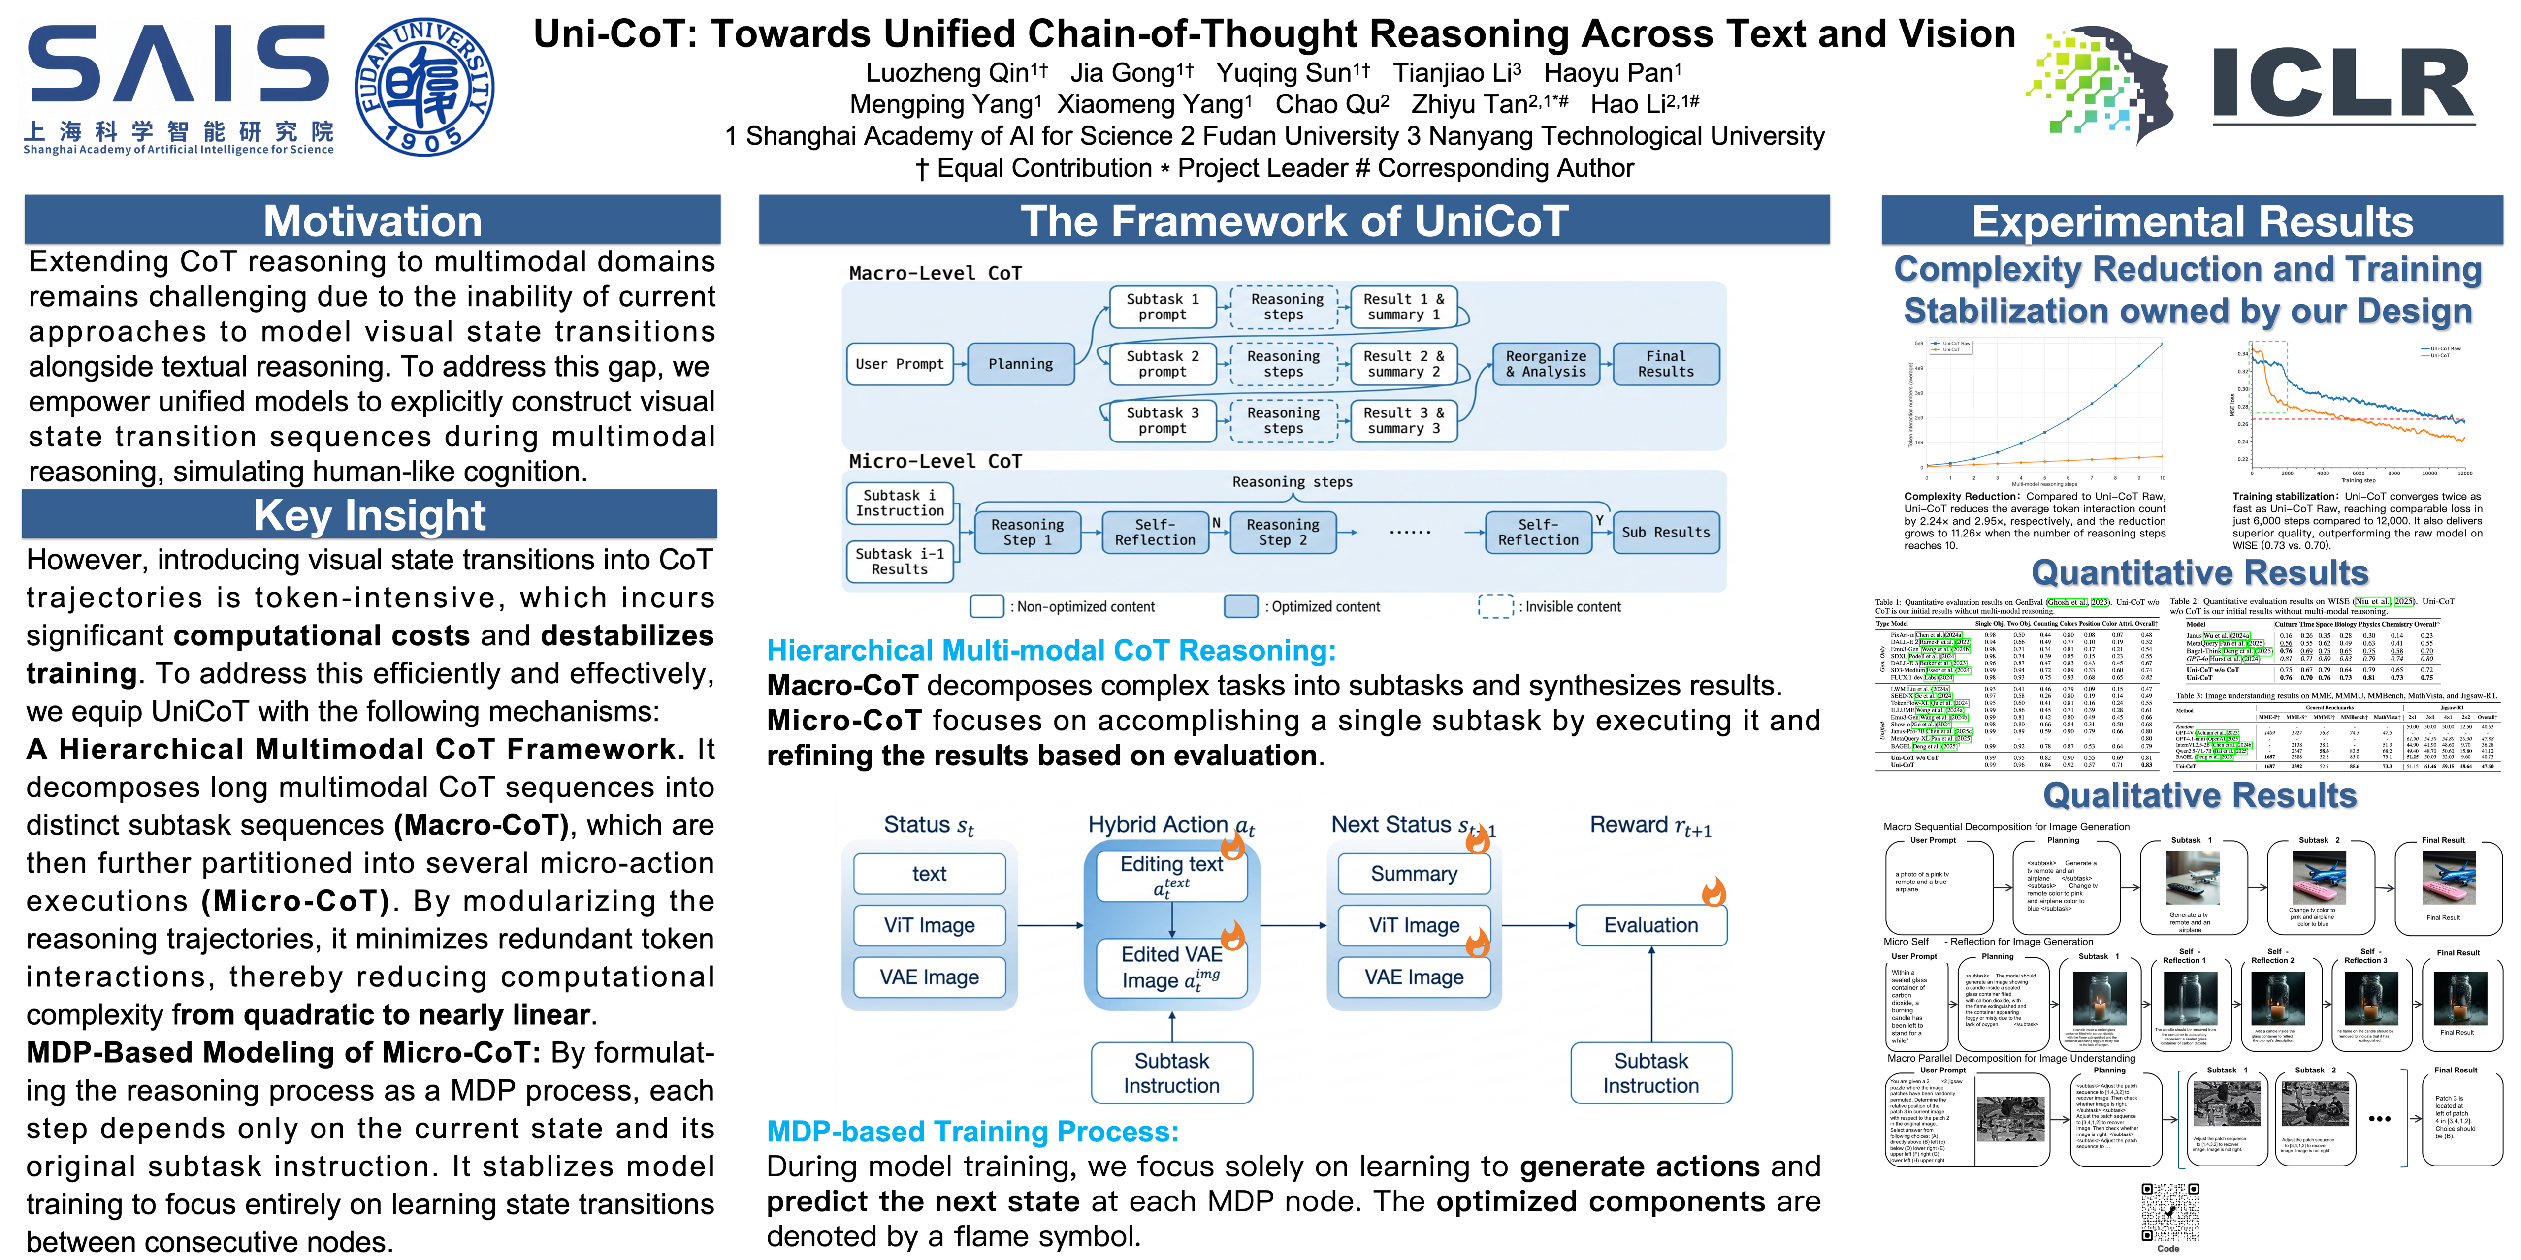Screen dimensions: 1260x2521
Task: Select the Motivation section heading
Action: coord(372,221)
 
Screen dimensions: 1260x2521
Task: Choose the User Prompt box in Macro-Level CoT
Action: coord(900,364)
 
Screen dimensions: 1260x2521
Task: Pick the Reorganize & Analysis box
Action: coord(1545,364)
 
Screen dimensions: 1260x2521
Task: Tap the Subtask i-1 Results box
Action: coord(900,562)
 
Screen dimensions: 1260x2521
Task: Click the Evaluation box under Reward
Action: coord(1651,925)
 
